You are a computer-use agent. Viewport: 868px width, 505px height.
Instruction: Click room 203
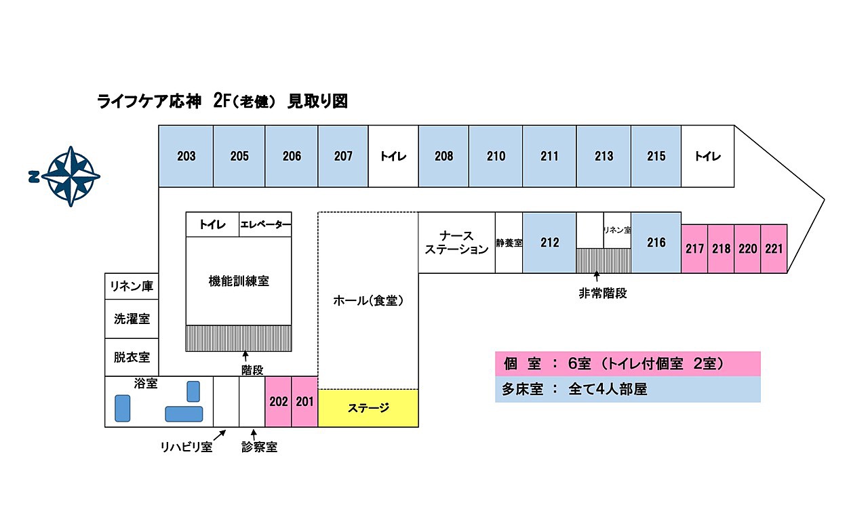pos(186,157)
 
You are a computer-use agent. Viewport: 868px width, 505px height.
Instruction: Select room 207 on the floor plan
pos(343,157)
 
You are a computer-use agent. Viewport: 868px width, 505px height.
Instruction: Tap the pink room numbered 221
pos(774,249)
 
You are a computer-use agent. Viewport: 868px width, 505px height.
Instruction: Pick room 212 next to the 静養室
pos(549,242)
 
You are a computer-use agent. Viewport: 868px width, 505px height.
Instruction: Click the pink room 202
pos(278,401)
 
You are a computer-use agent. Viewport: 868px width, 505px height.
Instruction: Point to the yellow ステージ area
pos(368,408)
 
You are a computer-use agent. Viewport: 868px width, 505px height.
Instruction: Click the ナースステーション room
pos(456,243)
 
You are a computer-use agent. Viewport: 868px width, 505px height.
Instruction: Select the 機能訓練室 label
pos(239,281)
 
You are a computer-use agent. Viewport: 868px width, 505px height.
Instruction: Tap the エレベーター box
pos(265,225)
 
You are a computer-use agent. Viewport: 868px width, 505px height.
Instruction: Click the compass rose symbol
pos(71,176)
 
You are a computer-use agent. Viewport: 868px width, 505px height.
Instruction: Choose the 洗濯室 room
pos(132,319)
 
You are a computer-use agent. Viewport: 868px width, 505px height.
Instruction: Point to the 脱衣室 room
pos(132,357)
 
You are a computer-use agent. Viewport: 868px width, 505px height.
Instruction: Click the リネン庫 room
pos(132,287)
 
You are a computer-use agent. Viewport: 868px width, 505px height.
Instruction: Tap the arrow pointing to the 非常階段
pos(597,277)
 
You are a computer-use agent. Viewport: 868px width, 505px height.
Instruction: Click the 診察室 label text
pos(259,447)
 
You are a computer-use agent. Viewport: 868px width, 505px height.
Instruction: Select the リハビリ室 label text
pos(186,447)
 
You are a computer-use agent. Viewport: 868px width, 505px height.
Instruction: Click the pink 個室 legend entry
pos(627,364)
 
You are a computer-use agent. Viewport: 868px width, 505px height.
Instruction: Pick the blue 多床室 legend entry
pos(627,390)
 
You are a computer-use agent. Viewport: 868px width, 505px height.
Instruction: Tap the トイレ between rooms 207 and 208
pos(393,157)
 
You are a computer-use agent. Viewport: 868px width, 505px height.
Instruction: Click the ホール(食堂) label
pos(368,300)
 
